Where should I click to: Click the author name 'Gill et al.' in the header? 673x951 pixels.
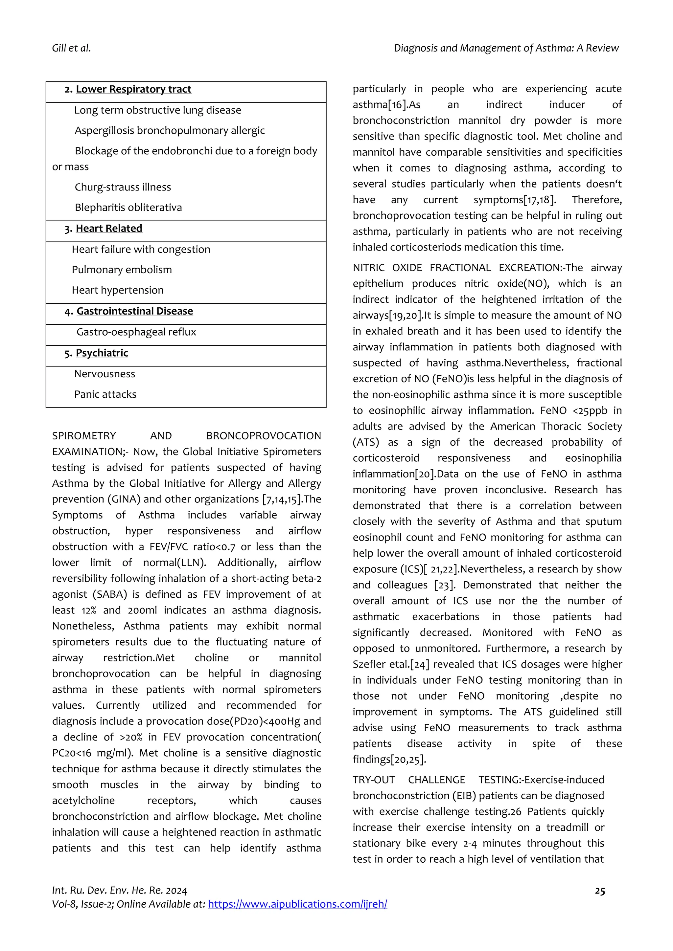[71, 49]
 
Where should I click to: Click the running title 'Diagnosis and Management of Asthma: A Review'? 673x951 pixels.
[506, 49]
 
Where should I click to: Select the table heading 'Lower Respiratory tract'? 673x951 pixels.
[133, 89]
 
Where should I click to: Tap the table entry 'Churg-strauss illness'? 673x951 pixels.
[123, 187]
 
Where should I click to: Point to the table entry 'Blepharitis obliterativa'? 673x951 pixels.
[128, 208]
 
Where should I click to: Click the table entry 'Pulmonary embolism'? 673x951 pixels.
[121, 270]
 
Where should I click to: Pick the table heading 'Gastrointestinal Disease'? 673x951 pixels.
[135, 311]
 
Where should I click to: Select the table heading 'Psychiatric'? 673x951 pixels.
[102, 353]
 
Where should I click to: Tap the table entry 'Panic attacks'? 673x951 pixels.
[105, 394]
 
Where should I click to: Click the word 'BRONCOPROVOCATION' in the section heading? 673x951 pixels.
[264, 436]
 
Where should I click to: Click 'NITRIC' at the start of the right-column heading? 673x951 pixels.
[368, 268]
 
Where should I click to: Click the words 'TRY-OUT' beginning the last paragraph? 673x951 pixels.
[373, 780]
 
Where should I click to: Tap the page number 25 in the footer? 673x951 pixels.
[600, 891]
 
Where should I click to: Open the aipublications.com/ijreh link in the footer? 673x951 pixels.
[297, 904]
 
